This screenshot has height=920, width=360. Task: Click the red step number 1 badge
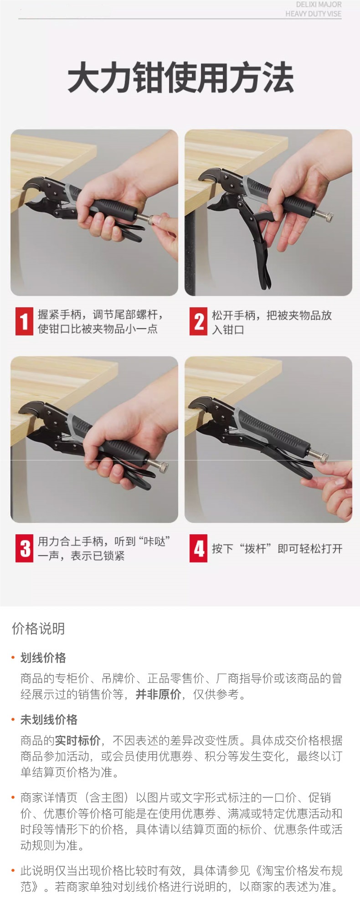tap(24, 321)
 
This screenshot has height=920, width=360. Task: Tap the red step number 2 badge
tap(198, 321)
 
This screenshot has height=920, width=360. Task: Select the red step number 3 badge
tap(24, 548)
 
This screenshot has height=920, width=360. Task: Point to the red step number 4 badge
tap(198, 548)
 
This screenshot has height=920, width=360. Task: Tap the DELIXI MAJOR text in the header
tap(319, 5)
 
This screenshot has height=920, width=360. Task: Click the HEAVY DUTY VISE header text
tap(314, 14)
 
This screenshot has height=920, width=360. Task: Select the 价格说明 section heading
tap(38, 629)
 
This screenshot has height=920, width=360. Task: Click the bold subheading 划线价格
tap(43, 658)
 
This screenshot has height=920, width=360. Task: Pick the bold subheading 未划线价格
tap(49, 720)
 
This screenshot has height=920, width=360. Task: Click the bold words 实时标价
tap(77, 740)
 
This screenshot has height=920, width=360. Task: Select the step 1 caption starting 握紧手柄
tap(100, 321)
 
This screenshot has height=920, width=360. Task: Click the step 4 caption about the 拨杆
tap(277, 548)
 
